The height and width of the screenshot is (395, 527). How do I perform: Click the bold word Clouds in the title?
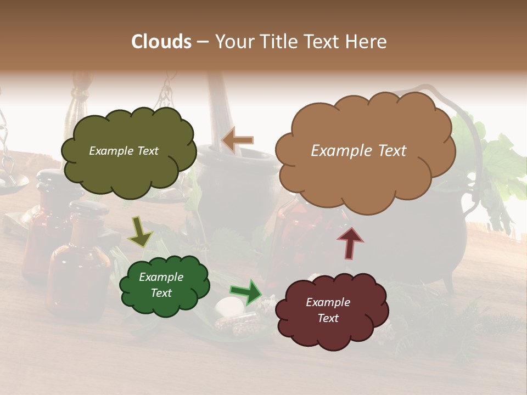pos(161,42)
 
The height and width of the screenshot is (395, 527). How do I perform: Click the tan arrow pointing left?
pos(237,140)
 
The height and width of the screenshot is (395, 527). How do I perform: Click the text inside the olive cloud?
pos(124,151)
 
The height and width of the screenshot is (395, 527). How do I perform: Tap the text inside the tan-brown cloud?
pos(358,151)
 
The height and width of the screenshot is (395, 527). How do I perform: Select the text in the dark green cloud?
pos(161,285)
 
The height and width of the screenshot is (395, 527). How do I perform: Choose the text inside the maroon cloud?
pos(328,310)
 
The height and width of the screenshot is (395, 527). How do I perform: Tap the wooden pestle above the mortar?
pos(220,110)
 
